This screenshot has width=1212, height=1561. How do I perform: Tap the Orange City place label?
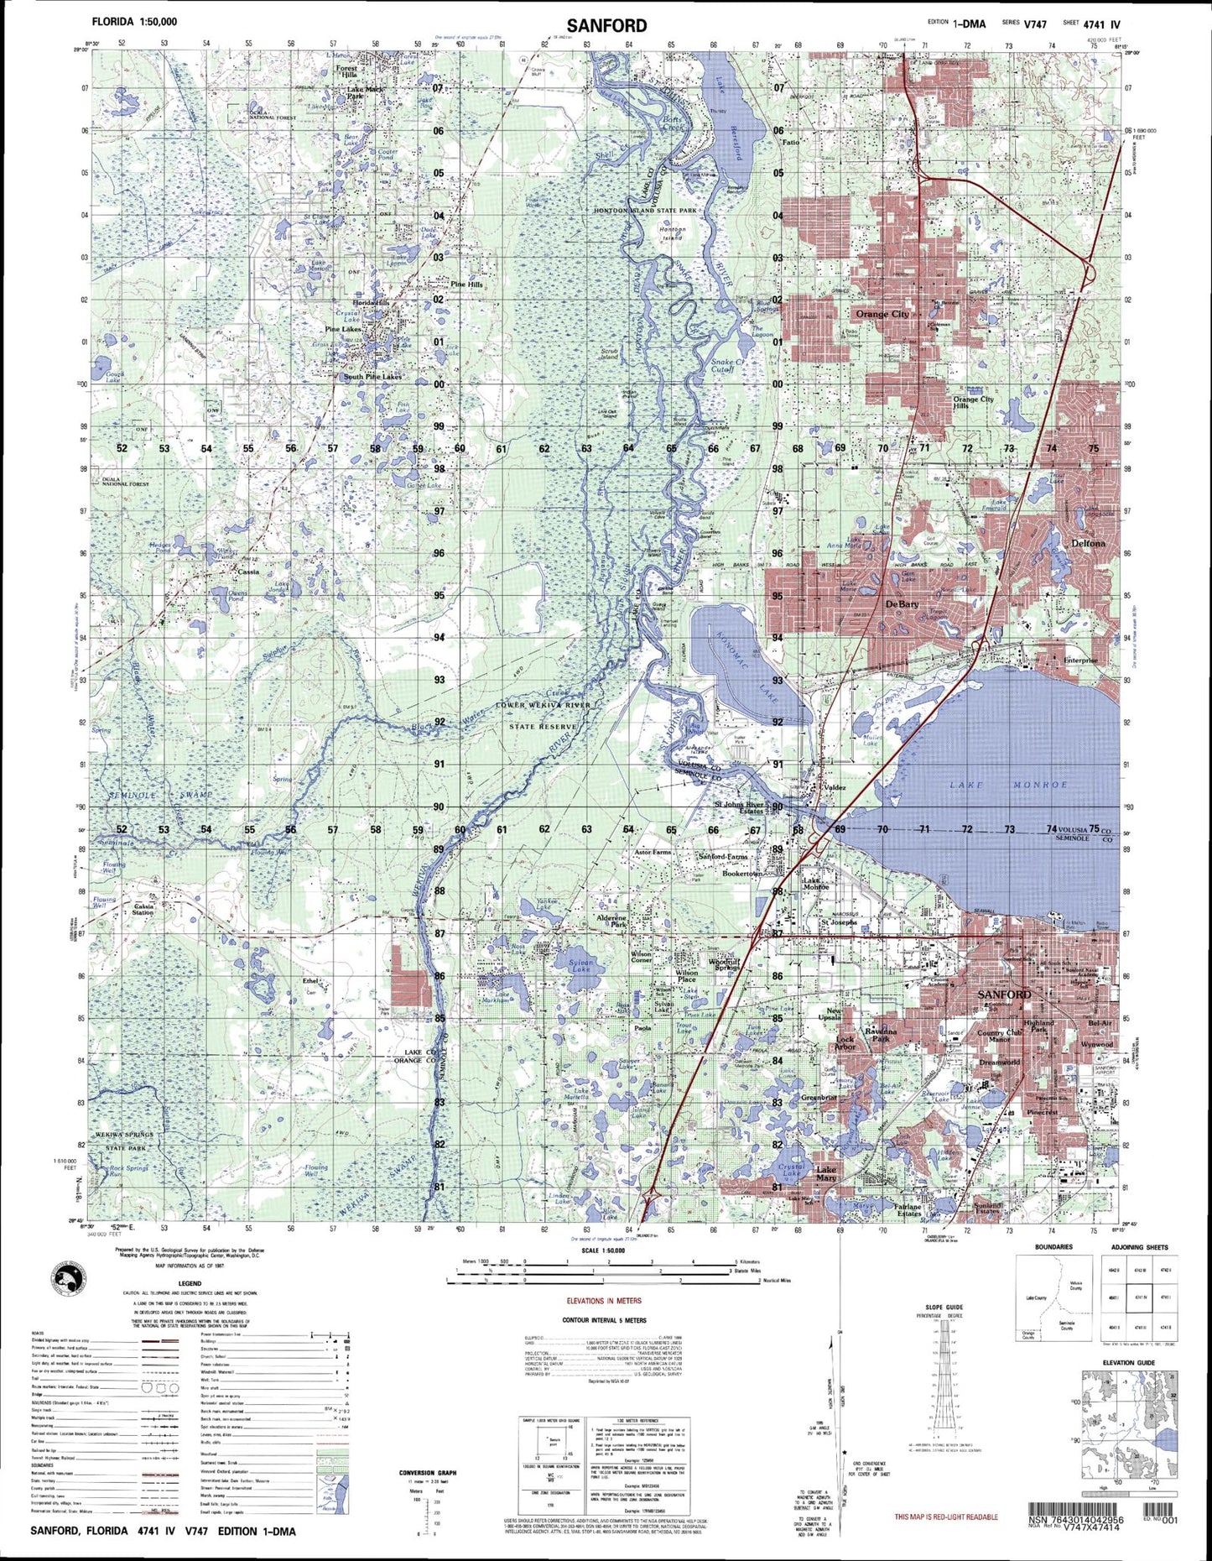coord(882,314)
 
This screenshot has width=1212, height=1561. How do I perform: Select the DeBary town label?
coord(902,604)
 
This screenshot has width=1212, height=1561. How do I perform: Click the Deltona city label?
coord(1088,543)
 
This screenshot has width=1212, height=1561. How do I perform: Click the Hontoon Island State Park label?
coord(645,211)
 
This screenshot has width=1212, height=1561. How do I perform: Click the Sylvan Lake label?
coord(581,967)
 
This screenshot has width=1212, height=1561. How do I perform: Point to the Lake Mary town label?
coord(826,1173)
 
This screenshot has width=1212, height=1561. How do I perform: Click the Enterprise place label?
coord(1080,660)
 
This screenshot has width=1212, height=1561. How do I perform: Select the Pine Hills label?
coord(466,285)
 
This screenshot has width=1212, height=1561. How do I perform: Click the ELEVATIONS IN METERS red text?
coord(603,1301)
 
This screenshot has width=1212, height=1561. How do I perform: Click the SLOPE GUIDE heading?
coord(944,1307)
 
